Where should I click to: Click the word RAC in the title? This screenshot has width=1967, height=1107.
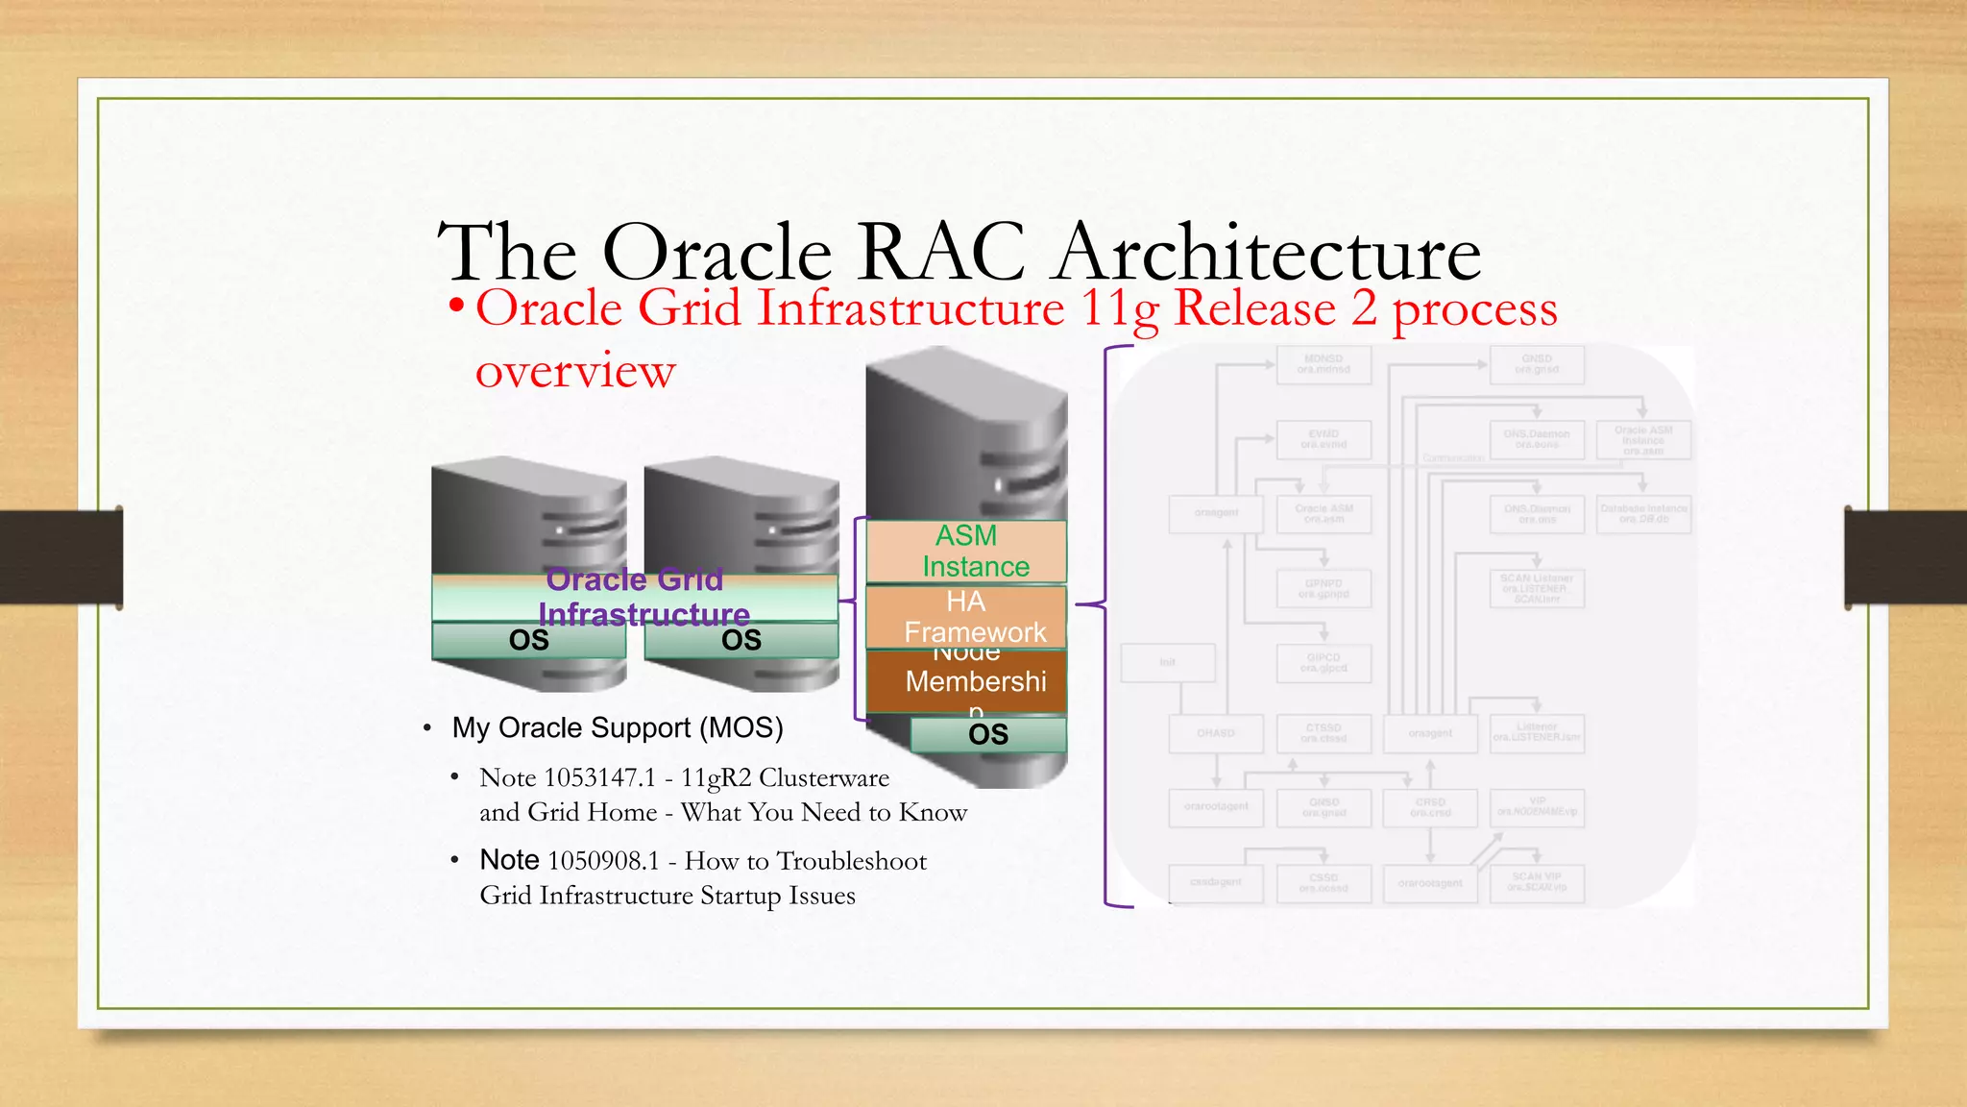tap(942, 252)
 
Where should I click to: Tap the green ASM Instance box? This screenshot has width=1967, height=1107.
tap(966, 551)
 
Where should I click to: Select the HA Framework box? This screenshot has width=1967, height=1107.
tap(966, 617)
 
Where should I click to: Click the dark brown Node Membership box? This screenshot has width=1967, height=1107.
tap(966, 681)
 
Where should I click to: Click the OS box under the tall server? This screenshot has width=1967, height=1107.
tap(988, 735)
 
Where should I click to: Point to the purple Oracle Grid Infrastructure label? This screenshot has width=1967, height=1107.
tap(639, 597)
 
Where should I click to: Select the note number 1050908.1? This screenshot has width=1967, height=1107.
tap(603, 861)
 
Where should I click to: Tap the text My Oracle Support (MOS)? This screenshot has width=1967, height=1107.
tap(618, 728)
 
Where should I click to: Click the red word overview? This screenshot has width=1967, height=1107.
tap(575, 371)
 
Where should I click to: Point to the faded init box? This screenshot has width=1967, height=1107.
tap(1168, 663)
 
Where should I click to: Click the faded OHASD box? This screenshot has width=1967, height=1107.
tap(1216, 734)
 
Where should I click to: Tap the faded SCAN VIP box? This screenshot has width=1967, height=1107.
tap(1537, 882)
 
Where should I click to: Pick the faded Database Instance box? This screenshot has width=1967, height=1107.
tap(1643, 514)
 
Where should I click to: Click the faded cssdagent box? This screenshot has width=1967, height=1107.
tap(1216, 882)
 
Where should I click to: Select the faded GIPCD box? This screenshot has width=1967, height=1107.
tap(1323, 663)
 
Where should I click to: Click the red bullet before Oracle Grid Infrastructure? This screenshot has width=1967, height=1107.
tap(456, 307)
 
